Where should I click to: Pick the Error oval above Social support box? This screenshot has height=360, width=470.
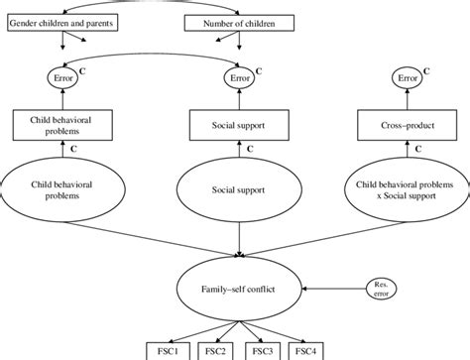(238, 74)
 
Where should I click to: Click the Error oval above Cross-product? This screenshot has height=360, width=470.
(408, 74)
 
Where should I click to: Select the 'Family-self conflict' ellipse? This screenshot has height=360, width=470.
(238, 290)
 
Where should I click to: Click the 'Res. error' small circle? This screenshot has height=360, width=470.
(381, 290)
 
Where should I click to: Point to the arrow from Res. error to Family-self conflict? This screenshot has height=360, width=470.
(332, 290)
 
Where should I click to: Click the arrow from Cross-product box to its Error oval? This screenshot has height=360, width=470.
(408, 100)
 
